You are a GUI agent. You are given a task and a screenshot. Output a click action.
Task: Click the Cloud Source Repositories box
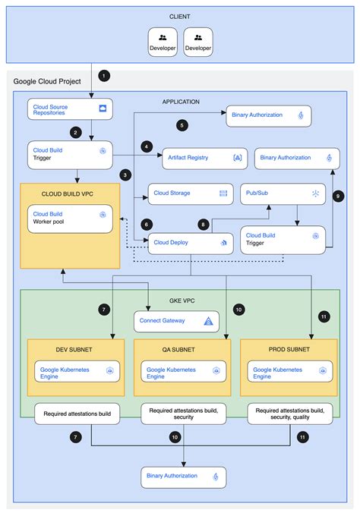tap(70, 111)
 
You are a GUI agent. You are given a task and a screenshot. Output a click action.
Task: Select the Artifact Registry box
tap(204, 158)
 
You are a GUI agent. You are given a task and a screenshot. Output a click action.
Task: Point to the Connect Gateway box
tap(176, 321)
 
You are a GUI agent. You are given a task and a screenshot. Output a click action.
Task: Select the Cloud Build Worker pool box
tap(70, 220)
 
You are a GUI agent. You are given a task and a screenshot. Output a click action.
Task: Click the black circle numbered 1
tap(105, 76)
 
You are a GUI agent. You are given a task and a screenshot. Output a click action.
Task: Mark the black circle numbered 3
tap(124, 175)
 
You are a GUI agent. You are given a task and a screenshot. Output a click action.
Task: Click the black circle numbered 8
tap(204, 224)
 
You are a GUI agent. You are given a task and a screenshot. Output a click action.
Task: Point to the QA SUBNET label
tap(179, 350)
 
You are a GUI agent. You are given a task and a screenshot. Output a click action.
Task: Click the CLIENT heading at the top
tap(179, 16)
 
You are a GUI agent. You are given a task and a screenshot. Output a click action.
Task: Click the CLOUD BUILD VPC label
tap(69, 193)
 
